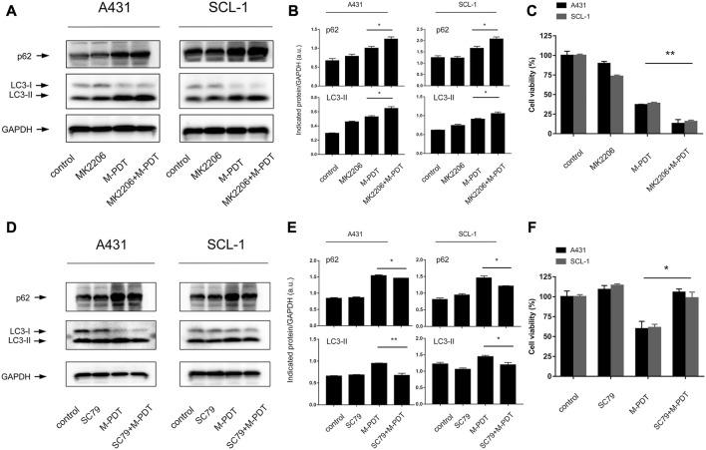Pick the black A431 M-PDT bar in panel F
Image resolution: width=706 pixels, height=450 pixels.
pos(635,380)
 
